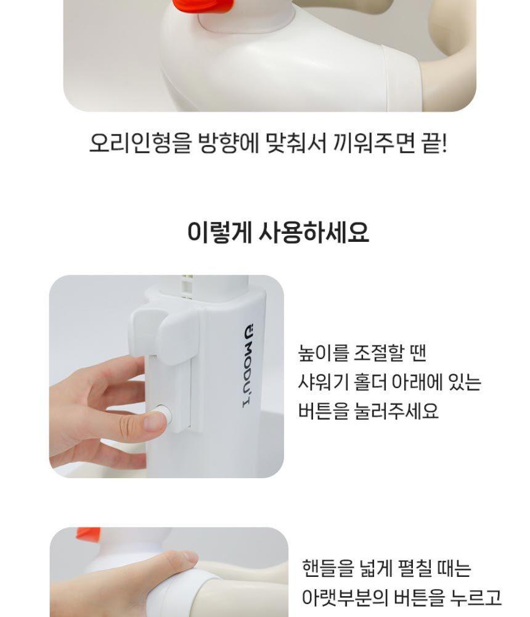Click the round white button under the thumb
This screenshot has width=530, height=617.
click(x=163, y=416)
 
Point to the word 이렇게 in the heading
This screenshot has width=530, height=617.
click(x=219, y=232)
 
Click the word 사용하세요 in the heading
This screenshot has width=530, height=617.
click(x=314, y=232)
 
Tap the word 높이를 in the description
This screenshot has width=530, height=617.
click(x=323, y=352)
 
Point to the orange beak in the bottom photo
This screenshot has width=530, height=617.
click(x=88, y=533)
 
